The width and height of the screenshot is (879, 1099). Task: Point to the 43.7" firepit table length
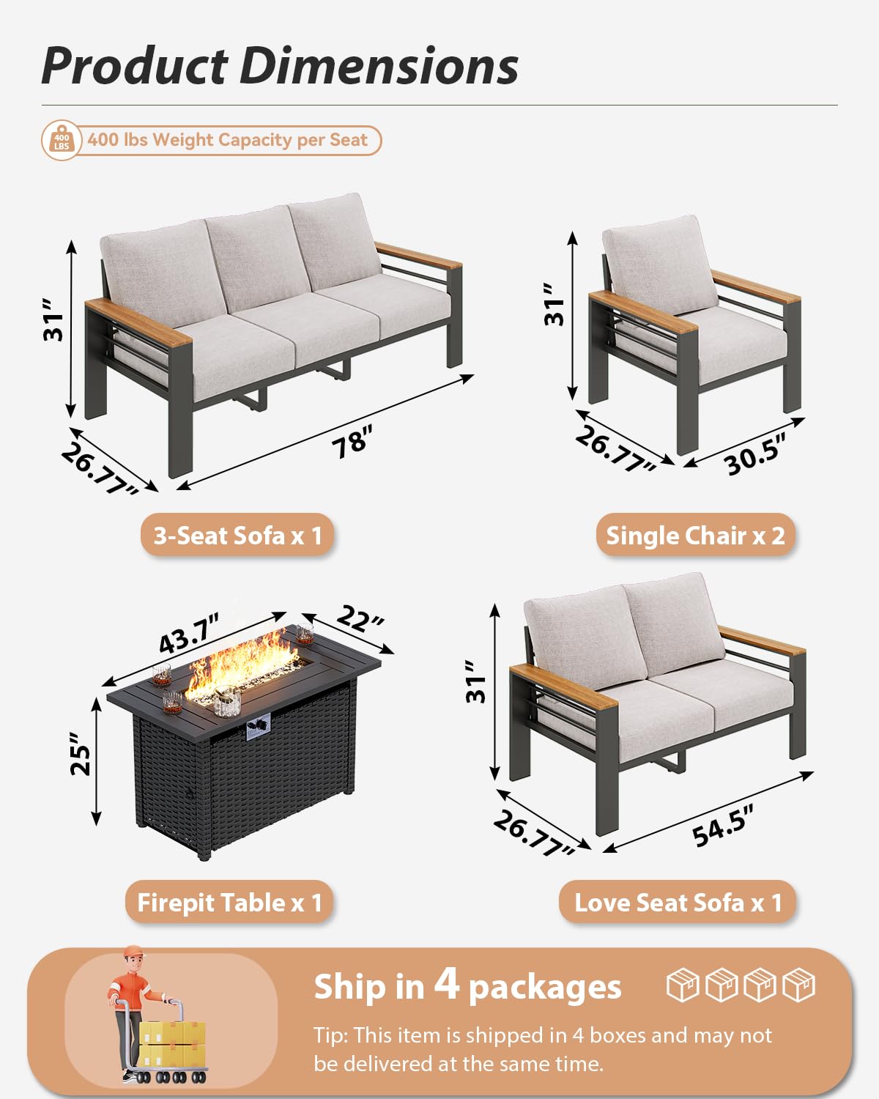189,634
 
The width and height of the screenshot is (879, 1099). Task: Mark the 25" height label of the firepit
81,753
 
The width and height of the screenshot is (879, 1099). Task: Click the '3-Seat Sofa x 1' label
237,536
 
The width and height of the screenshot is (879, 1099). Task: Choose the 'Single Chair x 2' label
695,536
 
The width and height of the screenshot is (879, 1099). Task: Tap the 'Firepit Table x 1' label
229,903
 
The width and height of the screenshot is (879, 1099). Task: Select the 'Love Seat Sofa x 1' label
678,903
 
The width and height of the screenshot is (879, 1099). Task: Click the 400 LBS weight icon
62,141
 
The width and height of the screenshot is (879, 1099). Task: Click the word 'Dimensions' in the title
379,66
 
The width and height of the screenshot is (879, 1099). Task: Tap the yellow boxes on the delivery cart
172,1044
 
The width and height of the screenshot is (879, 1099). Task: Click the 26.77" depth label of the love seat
533,834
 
